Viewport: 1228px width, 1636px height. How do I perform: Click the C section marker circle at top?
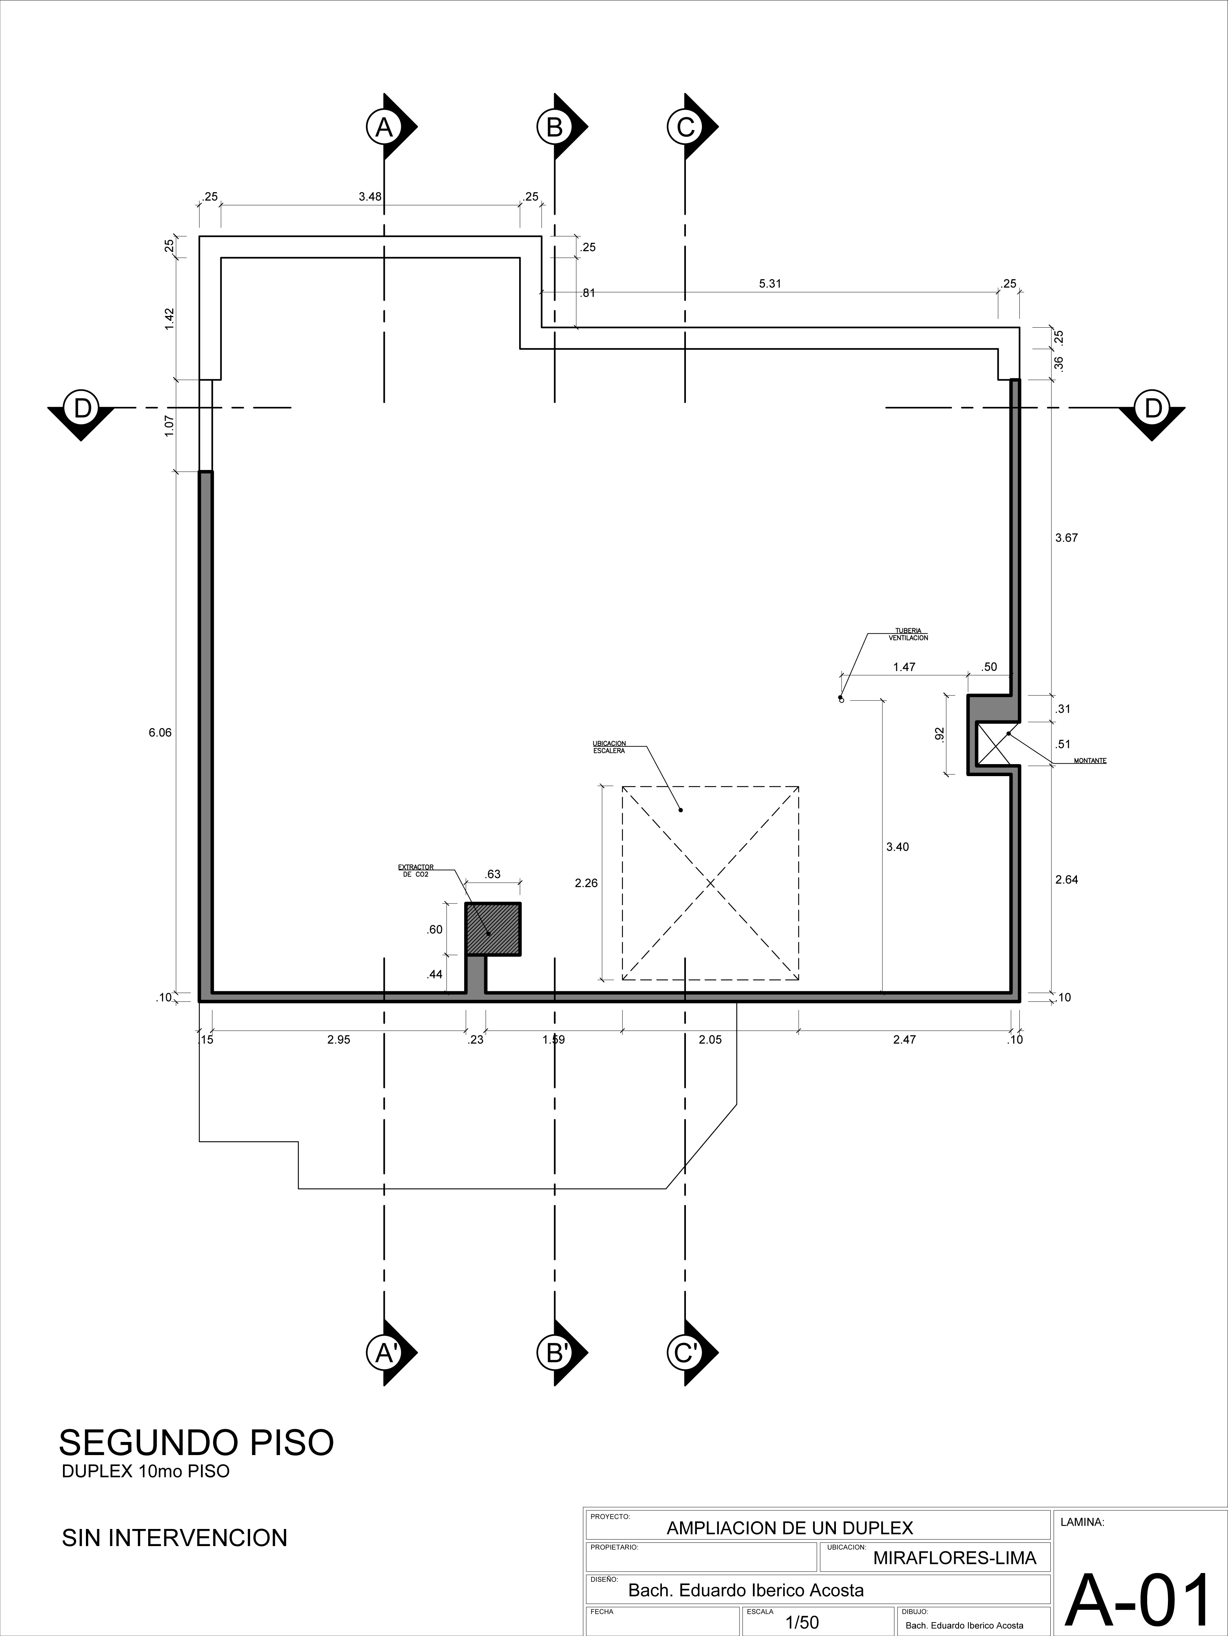pyautogui.click(x=685, y=127)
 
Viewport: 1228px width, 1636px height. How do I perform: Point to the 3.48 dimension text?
pyautogui.click(x=370, y=197)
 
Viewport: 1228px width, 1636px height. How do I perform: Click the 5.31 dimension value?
pyautogui.click(x=770, y=283)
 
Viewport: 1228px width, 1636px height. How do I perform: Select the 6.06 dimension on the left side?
pyautogui.click(x=160, y=733)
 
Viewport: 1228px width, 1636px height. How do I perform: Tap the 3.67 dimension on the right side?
pyautogui.click(x=1066, y=538)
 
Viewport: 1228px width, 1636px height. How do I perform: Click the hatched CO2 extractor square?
pyautogui.click(x=493, y=929)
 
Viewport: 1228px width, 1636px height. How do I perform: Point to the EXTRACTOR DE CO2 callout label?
pyautogui.click(x=416, y=870)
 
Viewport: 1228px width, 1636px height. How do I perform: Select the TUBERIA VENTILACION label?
pyautogui.click(x=908, y=634)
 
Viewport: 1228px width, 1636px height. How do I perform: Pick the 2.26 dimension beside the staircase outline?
pyautogui.click(x=586, y=882)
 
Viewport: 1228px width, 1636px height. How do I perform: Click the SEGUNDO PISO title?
pyautogui.click(x=196, y=1442)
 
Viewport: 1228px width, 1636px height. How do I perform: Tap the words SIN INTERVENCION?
pyautogui.click(x=175, y=1538)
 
